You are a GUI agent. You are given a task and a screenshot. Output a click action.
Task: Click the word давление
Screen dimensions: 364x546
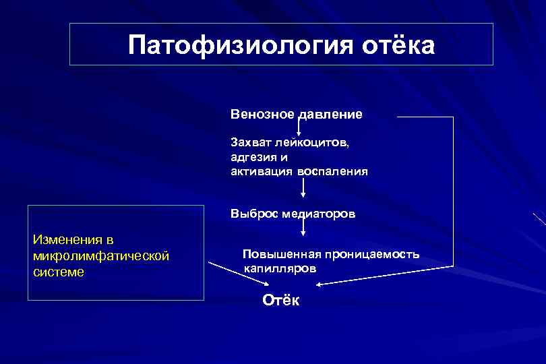tap(329, 114)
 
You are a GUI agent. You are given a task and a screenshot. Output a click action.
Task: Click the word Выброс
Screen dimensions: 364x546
tap(250, 214)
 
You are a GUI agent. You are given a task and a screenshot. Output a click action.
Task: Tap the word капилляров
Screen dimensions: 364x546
tap(279, 268)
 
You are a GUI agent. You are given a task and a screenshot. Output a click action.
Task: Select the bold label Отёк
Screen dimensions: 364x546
tap(280, 301)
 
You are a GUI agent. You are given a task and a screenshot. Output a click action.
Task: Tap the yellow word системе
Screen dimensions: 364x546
tap(59, 272)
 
